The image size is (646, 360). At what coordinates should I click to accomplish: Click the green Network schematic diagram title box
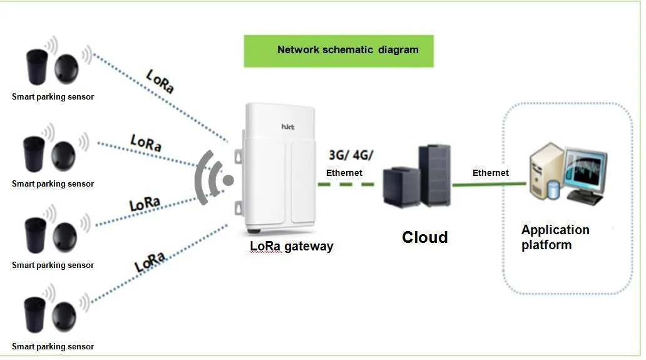point(339,51)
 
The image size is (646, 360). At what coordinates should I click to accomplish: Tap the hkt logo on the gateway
point(287,127)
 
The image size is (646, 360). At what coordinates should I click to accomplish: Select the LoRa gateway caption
point(292,246)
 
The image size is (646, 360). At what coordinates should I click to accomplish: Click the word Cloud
point(425,237)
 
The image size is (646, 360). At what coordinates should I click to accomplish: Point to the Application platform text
point(555,237)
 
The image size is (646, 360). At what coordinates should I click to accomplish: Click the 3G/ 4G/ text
point(351,155)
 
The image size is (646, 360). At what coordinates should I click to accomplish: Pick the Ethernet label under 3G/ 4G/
point(344,173)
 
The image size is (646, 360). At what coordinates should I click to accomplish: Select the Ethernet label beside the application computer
point(490,173)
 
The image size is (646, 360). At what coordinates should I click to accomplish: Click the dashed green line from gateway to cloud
point(346,185)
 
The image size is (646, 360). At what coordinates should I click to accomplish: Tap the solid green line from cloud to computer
point(489,184)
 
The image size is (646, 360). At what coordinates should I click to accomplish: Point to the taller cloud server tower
point(434,175)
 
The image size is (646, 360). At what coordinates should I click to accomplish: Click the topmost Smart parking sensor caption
point(53,97)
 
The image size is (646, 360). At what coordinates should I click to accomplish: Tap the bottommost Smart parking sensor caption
point(53,347)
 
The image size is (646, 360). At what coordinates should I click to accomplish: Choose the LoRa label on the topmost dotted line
point(160,81)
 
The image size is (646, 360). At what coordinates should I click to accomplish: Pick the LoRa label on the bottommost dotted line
point(150,261)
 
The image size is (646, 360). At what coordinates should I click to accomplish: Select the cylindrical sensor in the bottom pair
point(34,315)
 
